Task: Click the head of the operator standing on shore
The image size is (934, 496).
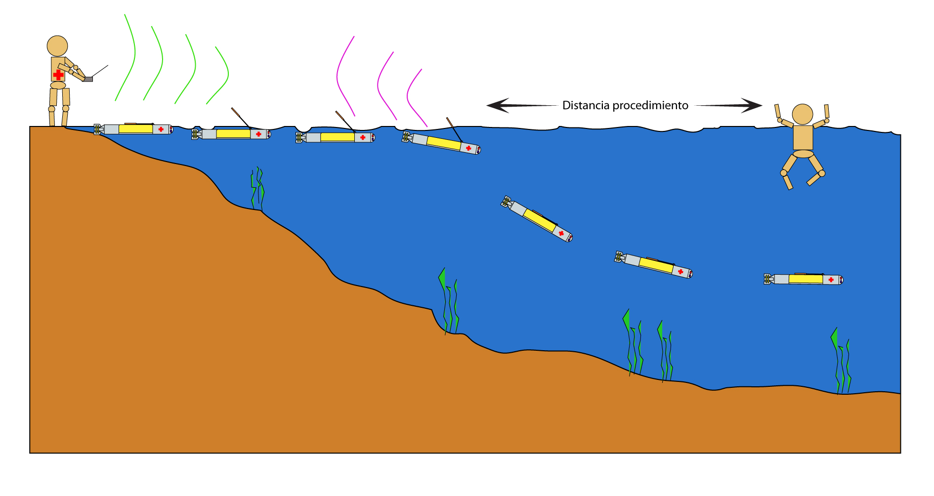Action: point(57,46)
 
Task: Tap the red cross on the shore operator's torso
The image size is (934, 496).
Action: point(58,75)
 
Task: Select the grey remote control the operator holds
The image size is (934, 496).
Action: point(88,79)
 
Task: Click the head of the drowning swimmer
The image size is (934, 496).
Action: point(803,115)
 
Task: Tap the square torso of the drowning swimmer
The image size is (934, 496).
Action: point(803,137)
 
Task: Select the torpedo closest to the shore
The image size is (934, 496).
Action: point(133,129)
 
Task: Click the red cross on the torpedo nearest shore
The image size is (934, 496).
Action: point(161,129)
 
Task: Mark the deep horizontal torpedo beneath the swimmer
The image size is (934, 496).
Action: point(804,279)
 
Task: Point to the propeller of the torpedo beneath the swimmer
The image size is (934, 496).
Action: point(767,279)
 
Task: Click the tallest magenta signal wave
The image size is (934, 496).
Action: point(344,77)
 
